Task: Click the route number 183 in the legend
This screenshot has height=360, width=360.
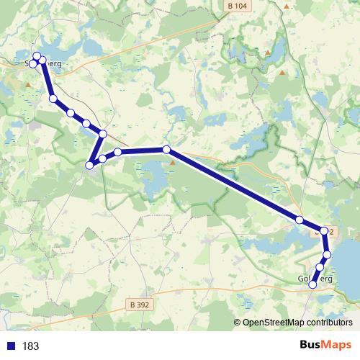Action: tap(30, 346)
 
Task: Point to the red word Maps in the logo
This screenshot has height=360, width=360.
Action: tap(336, 345)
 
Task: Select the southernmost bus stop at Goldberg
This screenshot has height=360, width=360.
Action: tap(312, 285)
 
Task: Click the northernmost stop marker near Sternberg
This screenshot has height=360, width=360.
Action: tap(37, 56)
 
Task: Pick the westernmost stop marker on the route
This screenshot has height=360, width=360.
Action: tap(32, 65)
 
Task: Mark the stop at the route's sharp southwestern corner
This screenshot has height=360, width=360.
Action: tap(89, 166)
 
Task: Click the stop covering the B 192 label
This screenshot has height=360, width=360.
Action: tap(324, 231)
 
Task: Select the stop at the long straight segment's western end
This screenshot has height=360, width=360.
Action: tap(166, 150)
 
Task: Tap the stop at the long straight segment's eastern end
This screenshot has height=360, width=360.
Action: tap(299, 219)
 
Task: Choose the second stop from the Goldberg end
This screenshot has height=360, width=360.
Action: tap(320, 268)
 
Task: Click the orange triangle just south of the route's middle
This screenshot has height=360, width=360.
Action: tap(173, 162)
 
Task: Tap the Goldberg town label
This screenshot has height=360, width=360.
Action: tap(314, 278)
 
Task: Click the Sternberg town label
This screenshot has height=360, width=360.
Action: tap(44, 63)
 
